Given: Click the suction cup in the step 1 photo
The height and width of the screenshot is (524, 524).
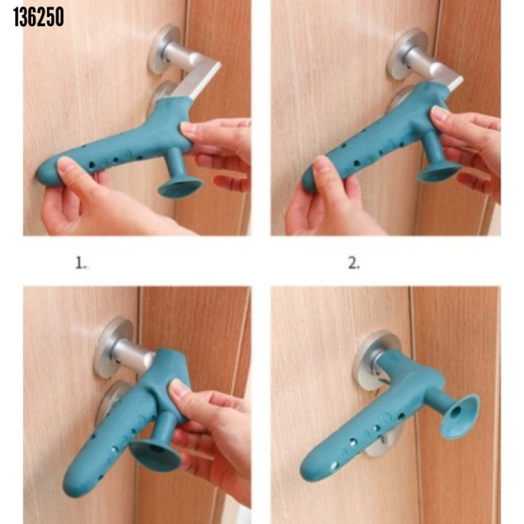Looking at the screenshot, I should tap(180, 186).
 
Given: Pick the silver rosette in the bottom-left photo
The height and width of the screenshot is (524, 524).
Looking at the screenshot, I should tap(113, 345).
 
